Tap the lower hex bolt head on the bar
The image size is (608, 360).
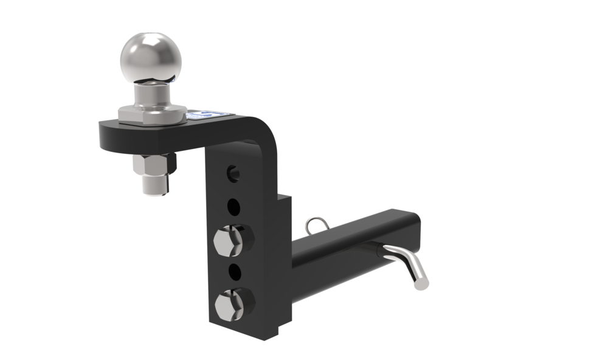click(x=229, y=301)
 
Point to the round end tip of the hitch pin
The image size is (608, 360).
click(x=420, y=282)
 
